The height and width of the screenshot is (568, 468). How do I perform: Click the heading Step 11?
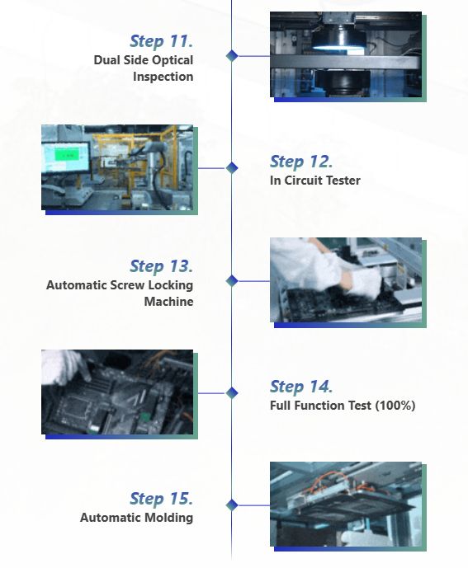tap(161, 41)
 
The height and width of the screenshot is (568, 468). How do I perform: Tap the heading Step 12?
tap(301, 162)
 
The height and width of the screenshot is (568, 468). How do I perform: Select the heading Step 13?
tap(161, 266)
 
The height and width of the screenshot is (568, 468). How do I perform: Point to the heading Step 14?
tap(301, 386)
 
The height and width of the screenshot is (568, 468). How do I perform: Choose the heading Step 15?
tap(161, 499)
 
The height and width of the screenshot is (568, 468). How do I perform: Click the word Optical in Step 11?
tap(173, 60)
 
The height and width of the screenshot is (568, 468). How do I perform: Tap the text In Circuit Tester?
tap(315, 181)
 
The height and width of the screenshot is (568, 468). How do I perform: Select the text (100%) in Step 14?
tap(395, 406)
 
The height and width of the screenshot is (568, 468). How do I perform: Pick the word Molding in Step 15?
tap(172, 518)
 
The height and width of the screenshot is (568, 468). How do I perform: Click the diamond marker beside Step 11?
tap(232, 56)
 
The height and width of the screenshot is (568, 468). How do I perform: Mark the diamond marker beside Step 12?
tap(232, 167)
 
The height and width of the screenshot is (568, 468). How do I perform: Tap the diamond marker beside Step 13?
tap(232, 281)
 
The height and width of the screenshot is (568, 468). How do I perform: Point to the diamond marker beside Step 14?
tap(232, 392)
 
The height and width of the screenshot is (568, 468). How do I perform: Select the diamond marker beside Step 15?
tap(232, 505)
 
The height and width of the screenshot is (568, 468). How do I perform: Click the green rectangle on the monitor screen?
tap(67, 155)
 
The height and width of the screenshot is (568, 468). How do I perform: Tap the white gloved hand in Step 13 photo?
tap(365, 283)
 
